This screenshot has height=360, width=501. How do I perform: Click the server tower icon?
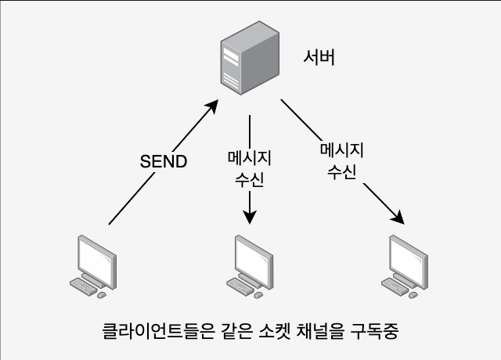point(250,58)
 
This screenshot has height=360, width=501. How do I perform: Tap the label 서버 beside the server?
point(319,58)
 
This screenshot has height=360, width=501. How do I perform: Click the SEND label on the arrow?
point(164,161)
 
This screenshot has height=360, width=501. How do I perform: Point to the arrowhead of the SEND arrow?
point(212,106)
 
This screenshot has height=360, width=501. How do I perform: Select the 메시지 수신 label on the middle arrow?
point(250,169)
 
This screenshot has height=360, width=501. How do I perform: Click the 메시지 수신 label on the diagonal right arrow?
point(342,161)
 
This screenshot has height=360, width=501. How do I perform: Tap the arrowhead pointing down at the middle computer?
point(250,218)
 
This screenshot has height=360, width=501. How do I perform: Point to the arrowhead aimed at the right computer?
point(398,218)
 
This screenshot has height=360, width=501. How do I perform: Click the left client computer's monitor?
point(97,261)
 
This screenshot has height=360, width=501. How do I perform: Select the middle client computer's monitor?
point(254,261)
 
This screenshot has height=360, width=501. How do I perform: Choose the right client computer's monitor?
point(409,261)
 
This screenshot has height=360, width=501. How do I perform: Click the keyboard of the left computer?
point(83,286)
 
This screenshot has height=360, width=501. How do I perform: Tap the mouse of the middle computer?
point(258,295)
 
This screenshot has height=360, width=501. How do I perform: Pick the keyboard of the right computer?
point(395,286)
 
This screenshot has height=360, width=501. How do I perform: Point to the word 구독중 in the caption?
point(374,331)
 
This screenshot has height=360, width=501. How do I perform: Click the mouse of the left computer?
point(102,295)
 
